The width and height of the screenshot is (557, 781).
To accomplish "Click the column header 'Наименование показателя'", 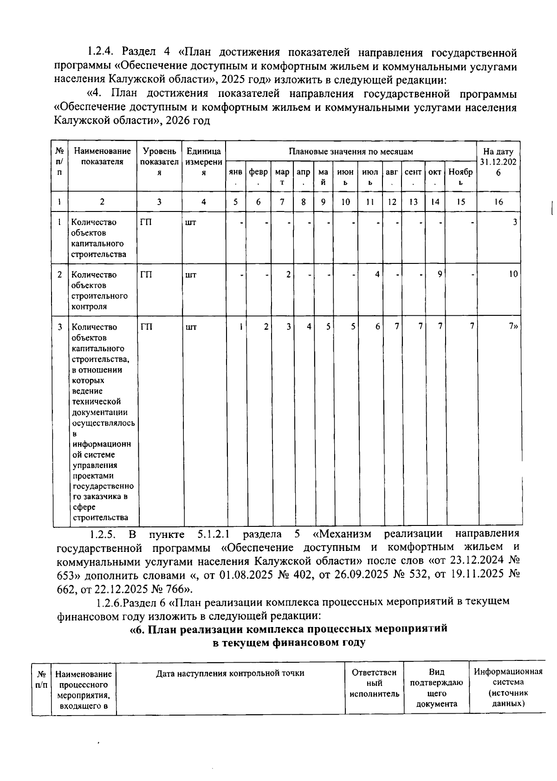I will (x=102, y=156).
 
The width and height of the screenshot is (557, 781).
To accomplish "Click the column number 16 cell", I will (x=499, y=202).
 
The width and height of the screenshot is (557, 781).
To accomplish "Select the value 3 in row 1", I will (x=514, y=222).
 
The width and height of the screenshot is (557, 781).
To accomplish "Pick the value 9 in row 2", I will (x=439, y=275).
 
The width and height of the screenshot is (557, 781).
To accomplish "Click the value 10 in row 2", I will (x=512, y=275).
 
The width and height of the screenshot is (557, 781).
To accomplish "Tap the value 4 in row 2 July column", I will (x=377, y=275).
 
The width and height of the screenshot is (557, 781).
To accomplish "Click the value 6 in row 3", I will (x=377, y=327).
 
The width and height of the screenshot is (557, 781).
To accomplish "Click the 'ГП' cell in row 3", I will (x=146, y=327).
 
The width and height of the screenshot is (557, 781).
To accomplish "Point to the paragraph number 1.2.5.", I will (x=103, y=534).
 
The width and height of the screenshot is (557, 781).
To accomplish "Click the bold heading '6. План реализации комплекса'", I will (x=289, y=629).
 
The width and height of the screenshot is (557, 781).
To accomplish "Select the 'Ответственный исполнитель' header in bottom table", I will (x=374, y=683).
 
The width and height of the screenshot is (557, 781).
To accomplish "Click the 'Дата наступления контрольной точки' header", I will (x=230, y=673).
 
